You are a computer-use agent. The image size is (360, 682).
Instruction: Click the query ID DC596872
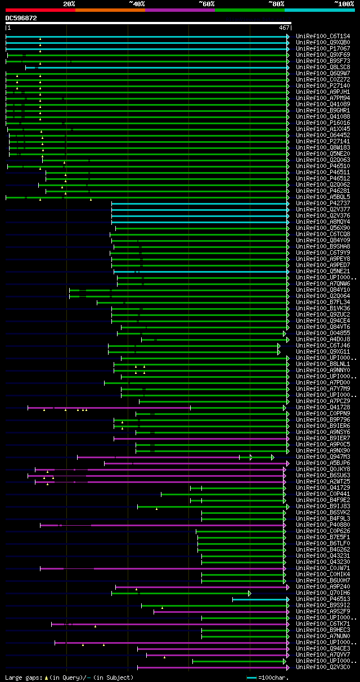coord(21,18)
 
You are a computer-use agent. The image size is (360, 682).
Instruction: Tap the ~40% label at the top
coord(137,3)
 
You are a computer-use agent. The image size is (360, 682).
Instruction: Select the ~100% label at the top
coord(344,3)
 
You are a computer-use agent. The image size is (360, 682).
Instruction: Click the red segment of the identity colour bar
coord(40,10)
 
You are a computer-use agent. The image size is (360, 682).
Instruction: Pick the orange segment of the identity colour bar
coord(110,10)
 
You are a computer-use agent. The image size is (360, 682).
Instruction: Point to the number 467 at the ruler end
coord(283,28)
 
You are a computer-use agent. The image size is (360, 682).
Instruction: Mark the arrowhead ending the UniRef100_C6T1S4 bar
coord(288,37)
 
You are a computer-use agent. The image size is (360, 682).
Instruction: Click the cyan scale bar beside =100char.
coord(251,678)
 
